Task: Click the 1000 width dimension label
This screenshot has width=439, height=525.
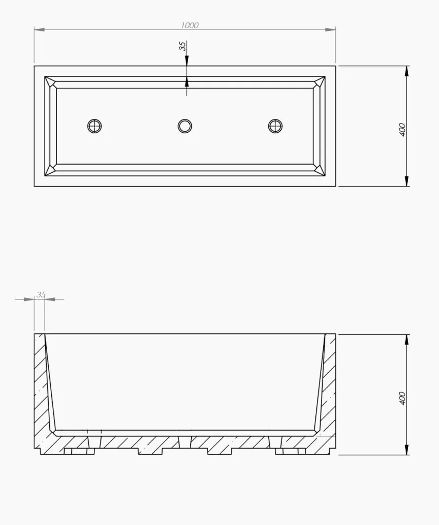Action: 190,25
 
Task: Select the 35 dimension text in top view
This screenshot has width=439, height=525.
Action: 183,46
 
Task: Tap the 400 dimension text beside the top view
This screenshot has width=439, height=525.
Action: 402,130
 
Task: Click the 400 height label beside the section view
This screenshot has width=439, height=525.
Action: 402,398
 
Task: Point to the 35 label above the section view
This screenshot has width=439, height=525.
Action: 41,295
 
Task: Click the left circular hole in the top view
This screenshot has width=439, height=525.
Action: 94,126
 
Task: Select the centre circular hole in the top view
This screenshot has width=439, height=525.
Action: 185,126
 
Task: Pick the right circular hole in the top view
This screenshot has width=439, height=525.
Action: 275,126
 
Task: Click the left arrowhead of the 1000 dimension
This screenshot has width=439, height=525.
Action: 39,30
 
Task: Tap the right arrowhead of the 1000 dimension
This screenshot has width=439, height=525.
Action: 330,30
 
